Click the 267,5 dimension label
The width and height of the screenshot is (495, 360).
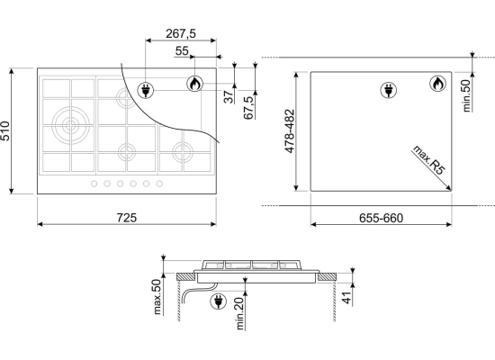(181, 33)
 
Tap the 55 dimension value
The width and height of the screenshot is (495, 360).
(182, 50)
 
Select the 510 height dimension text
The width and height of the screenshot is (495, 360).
(5, 130)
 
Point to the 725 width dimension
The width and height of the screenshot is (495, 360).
(127, 218)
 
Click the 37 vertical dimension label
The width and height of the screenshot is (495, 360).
(229, 96)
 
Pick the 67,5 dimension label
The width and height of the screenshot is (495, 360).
(248, 107)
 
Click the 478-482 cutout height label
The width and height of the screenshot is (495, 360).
(289, 131)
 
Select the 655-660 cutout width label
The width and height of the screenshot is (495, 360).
(381, 218)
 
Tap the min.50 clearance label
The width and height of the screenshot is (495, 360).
(466, 95)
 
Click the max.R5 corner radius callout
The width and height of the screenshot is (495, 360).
(429, 160)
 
